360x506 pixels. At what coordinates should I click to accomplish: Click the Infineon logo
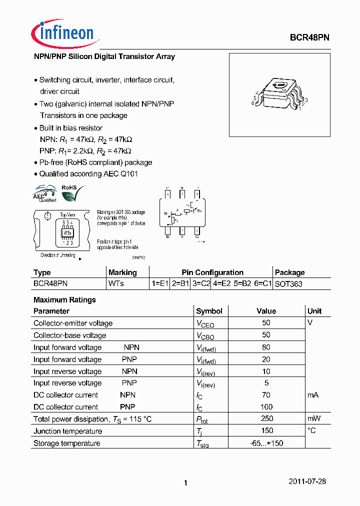click(62, 32)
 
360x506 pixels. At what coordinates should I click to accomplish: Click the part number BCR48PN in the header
click(309, 37)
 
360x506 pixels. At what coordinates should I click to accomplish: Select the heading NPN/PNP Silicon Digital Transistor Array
click(104, 56)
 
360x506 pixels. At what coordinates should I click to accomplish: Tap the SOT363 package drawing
click(279, 95)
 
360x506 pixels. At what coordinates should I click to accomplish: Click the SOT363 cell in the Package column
click(288, 283)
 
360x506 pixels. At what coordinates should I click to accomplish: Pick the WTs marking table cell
click(116, 283)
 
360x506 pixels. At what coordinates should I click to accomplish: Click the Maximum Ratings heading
click(64, 300)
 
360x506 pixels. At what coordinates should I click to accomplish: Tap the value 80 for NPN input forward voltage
click(266, 347)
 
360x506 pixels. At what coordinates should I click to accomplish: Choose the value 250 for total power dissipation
click(267, 418)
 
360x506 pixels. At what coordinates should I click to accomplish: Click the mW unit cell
click(314, 418)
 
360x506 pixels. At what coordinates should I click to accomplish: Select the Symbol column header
click(209, 311)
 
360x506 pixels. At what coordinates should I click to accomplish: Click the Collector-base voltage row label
click(69, 335)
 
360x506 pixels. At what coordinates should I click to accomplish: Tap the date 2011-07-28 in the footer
click(307, 481)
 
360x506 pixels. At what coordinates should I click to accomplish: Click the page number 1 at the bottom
click(185, 483)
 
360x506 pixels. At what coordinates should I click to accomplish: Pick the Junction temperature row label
click(67, 431)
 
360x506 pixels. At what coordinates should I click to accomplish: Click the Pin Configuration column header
click(212, 272)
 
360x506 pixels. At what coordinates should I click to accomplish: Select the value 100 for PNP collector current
click(266, 406)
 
